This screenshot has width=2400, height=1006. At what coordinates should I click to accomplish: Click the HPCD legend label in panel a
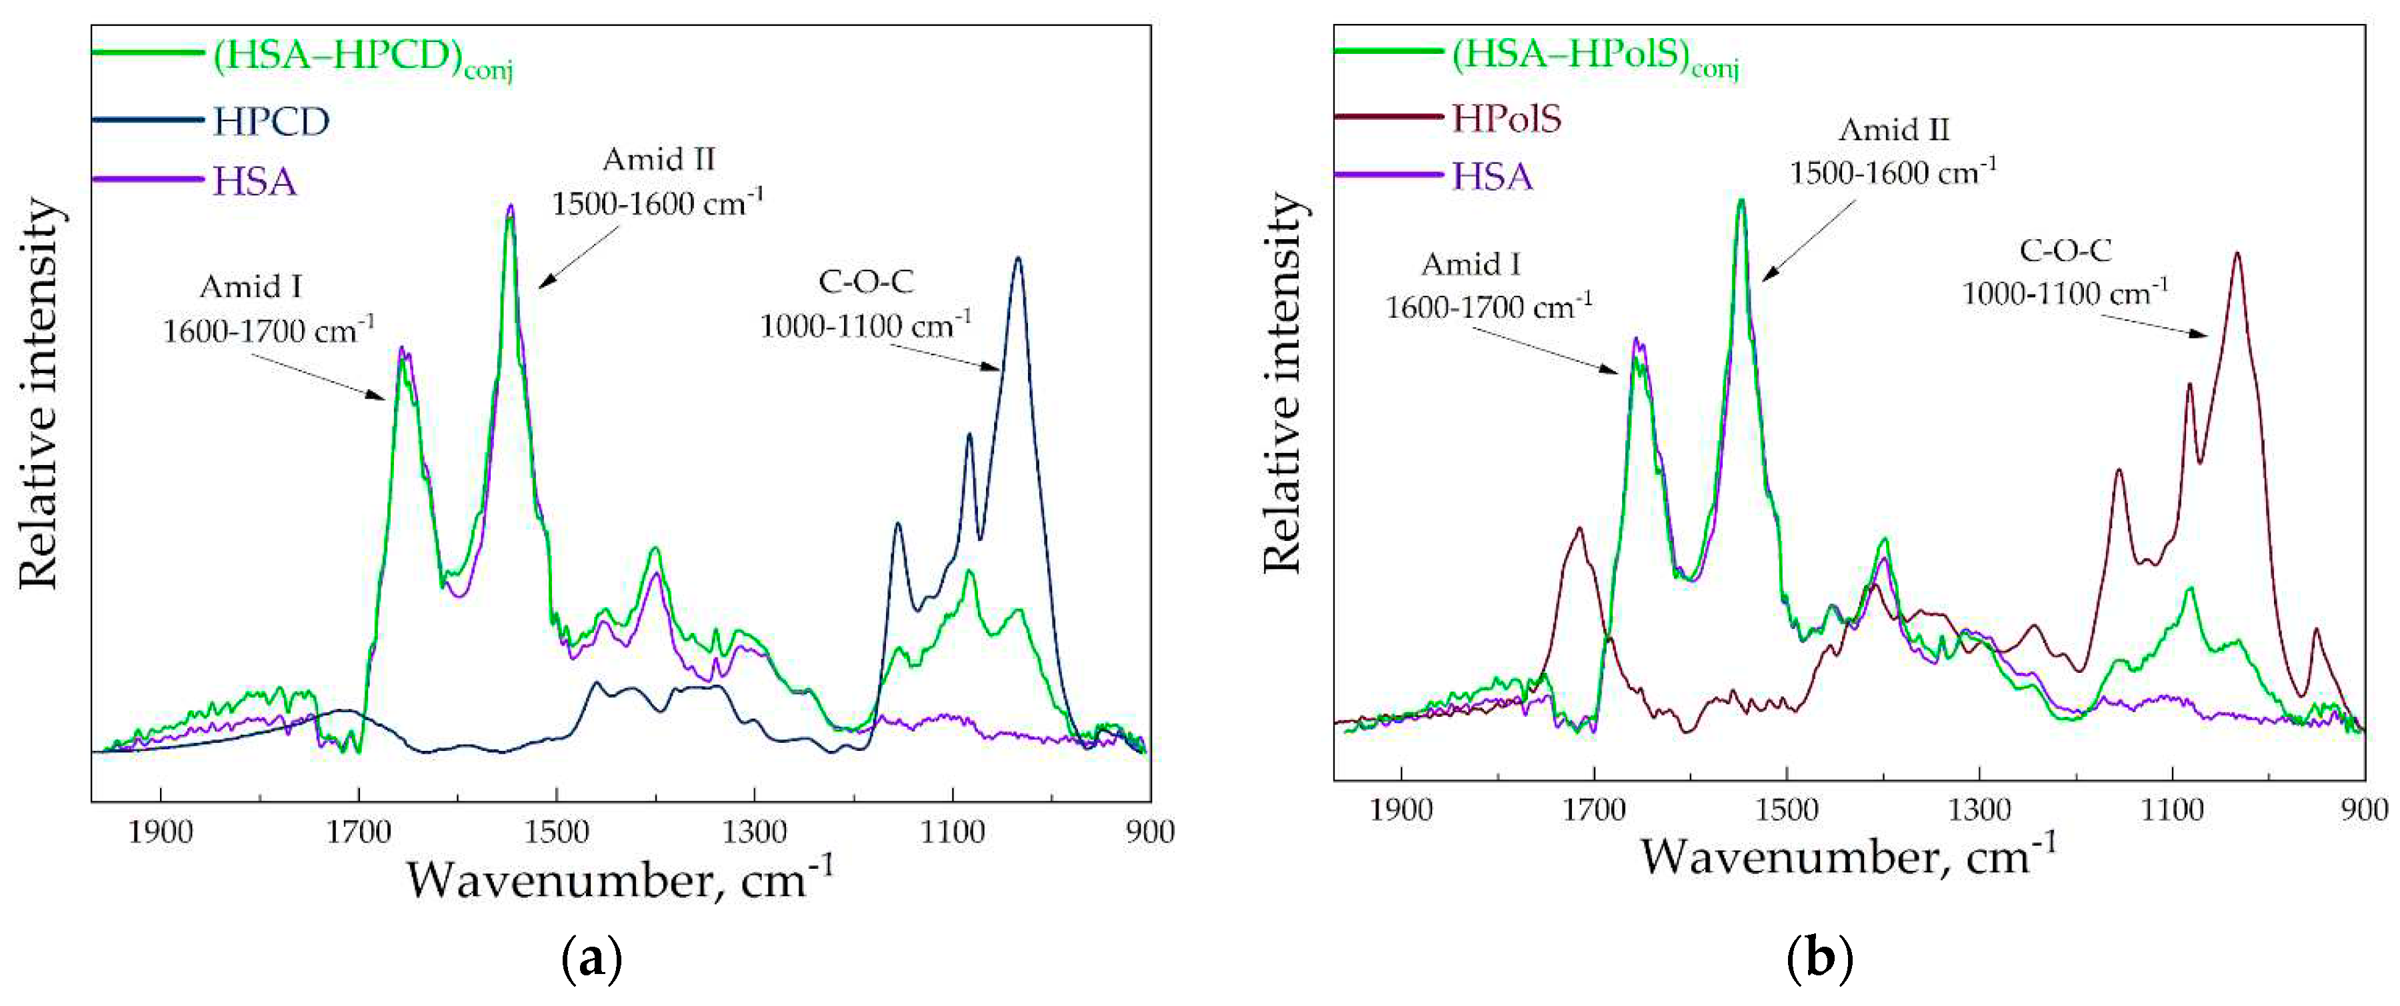270,121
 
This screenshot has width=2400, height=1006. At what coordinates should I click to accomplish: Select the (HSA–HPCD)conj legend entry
361,58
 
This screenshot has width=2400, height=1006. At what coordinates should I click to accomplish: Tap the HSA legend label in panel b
1491,176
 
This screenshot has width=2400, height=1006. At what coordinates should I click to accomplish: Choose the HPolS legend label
1505,119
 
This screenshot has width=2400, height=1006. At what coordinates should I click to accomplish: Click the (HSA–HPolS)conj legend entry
1595,58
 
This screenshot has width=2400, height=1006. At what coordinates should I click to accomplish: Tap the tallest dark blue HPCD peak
1017,260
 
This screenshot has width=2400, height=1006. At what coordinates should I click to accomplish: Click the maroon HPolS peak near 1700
1579,529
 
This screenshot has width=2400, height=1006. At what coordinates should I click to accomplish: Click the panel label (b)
1819,957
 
